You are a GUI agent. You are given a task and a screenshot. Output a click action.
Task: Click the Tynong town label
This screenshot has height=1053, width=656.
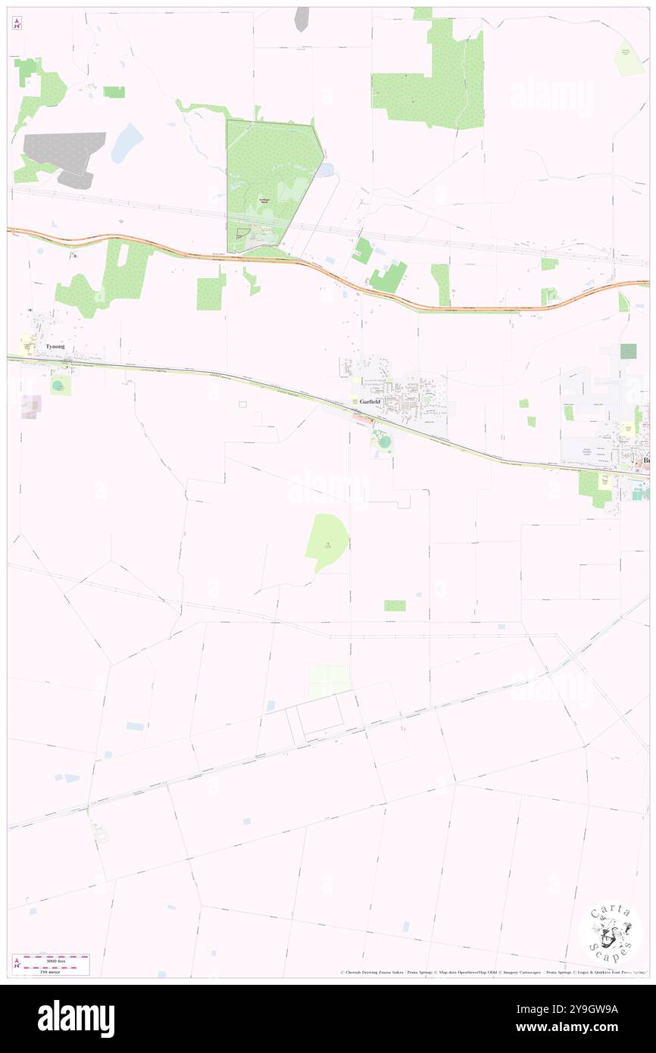click(x=54, y=346)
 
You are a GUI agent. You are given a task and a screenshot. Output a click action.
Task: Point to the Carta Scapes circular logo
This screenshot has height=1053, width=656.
click(x=611, y=933)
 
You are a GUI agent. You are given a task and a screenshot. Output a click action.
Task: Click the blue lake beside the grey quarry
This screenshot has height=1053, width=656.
click(x=127, y=142)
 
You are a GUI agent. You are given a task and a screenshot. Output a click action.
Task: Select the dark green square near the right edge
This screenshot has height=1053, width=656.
click(x=628, y=351)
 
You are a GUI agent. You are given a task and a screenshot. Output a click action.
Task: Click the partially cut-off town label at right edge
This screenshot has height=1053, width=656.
click(x=646, y=461)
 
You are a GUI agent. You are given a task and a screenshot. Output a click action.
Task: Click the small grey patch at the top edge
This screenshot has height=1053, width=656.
click(x=301, y=19)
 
